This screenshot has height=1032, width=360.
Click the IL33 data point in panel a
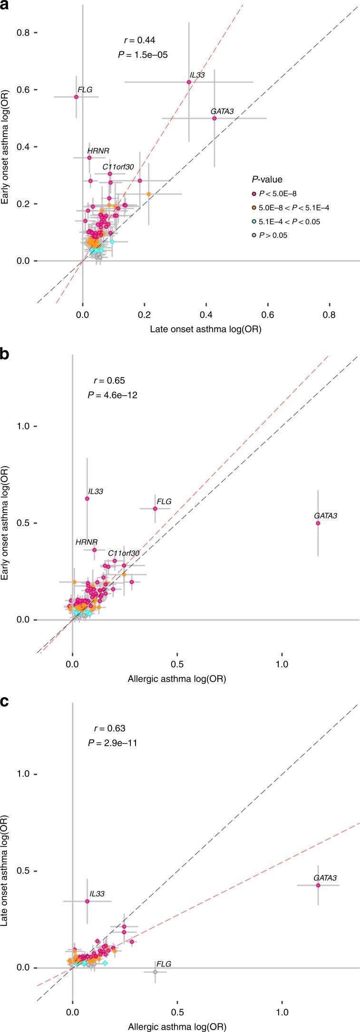[189, 82]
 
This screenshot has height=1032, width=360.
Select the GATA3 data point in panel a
[214, 118]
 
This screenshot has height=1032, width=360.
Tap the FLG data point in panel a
[76, 97]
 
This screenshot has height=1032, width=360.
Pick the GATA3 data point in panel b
[318, 523]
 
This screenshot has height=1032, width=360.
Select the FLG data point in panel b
[155, 508]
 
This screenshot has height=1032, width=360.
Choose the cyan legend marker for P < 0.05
[254, 222]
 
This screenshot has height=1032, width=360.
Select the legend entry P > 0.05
[273, 235]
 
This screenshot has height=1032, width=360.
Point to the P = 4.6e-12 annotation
[113, 395]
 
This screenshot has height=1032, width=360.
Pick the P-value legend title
[267, 179]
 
